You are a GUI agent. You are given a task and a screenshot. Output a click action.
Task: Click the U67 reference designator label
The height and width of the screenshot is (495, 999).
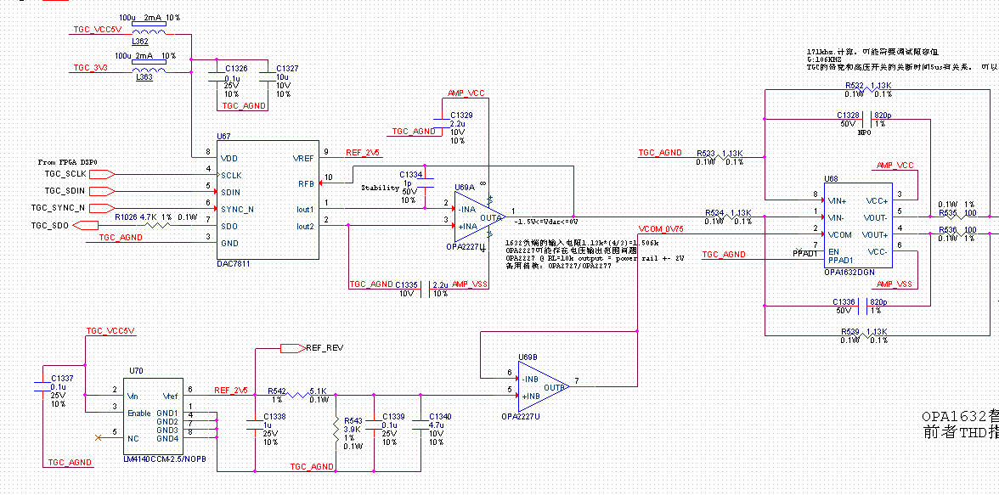pyautogui.click(x=223, y=136)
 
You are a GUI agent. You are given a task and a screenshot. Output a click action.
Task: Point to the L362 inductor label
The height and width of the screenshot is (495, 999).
pyautogui.click(x=140, y=41)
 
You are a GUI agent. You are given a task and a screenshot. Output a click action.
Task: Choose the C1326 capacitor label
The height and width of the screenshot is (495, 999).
pyautogui.click(x=236, y=68)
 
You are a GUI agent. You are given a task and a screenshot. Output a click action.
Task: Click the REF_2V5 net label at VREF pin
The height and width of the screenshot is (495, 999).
pyautogui.click(x=363, y=153)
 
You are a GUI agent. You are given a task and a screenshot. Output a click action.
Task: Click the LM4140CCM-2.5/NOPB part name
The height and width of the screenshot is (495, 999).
pyautogui.click(x=164, y=458)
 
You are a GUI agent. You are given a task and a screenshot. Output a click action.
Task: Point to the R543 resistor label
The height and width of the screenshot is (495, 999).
pyautogui.click(x=353, y=420)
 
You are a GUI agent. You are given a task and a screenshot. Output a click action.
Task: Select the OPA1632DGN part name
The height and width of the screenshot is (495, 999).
pyautogui.click(x=849, y=273)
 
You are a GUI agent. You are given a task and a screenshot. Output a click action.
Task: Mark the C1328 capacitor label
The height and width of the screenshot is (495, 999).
pyautogui.click(x=848, y=115)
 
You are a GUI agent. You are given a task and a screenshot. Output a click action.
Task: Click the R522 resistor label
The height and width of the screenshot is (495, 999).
pyautogui.click(x=855, y=86)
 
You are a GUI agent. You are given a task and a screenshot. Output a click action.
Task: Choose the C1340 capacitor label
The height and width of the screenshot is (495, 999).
pyautogui.click(x=440, y=416)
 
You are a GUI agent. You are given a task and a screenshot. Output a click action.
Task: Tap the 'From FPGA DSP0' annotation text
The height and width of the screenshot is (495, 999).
pyautogui.click(x=68, y=161)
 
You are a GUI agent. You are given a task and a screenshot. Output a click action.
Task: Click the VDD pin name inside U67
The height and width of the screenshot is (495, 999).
pyautogui.click(x=229, y=158)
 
